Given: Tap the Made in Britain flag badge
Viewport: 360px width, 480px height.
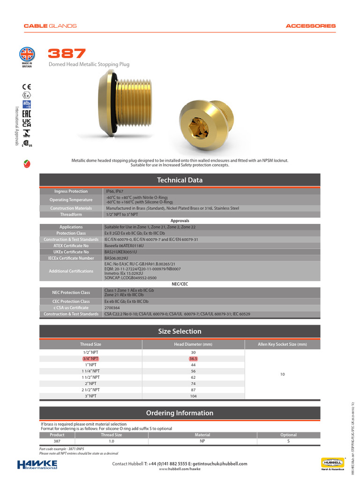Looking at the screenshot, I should click(27, 54).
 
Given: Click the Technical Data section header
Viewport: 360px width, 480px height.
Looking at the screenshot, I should click(180, 180).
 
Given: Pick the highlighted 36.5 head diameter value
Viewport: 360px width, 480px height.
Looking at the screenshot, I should click(193, 359).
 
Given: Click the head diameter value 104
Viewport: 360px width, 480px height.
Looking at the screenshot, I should click(193, 396).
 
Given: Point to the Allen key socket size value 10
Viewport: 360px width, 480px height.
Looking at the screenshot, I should click(282, 375).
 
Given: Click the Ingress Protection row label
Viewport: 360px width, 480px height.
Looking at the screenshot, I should click(71, 191).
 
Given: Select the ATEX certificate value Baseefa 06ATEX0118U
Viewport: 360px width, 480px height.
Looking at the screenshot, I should click(125, 245).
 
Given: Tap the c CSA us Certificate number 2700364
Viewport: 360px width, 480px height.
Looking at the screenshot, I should click(112, 307).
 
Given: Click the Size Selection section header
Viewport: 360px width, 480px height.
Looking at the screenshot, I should click(180, 331).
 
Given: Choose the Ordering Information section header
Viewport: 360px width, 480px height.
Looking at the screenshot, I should click(180, 413).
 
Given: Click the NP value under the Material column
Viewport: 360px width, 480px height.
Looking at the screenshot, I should click(202, 441).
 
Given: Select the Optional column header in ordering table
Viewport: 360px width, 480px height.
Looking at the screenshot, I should click(288, 435).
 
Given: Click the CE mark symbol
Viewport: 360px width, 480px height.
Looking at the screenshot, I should click(27, 86).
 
